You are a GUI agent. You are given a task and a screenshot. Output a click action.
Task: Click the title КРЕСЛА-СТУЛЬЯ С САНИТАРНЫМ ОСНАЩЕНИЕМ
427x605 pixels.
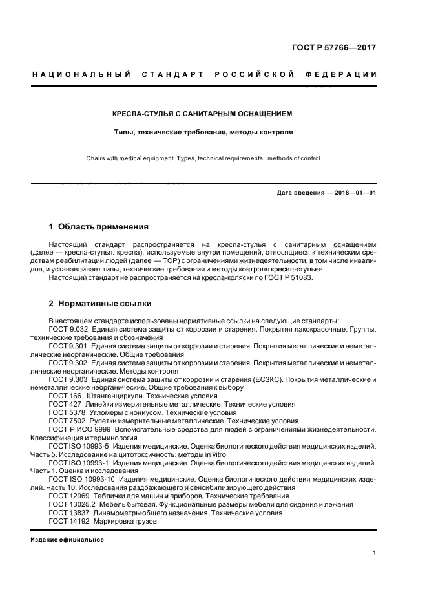tap(202, 114)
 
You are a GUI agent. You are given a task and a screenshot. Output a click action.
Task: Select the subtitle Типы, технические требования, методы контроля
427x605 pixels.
tap(202, 132)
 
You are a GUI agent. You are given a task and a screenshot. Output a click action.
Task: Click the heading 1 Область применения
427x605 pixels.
tap(99, 227)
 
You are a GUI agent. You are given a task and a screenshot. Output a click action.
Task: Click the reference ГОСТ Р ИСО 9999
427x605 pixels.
tap(80, 429)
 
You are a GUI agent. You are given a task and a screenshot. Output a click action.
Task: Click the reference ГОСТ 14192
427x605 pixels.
tap(69, 521)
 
